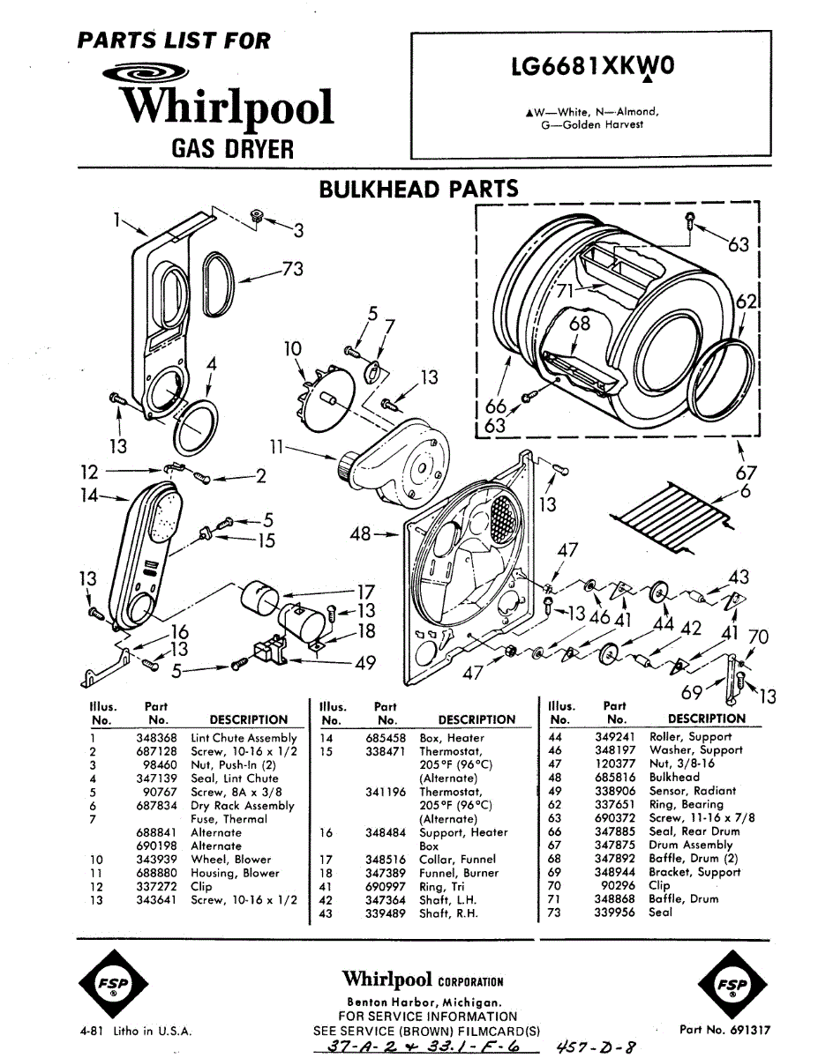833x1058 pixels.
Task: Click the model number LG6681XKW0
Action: point(592,67)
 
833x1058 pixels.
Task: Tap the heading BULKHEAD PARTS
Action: point(419,189)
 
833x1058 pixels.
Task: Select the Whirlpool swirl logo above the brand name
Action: point(145,74)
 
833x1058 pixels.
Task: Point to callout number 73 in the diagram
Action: point(293,269)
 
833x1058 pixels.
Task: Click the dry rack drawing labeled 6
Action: point(672,517)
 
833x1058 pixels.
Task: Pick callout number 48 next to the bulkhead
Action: point(360,533)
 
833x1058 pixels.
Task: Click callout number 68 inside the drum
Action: point(579,324)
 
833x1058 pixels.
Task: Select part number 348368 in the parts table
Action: point(156,738)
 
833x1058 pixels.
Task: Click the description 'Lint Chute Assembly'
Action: point(244,738)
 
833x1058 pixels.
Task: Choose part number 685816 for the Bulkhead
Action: point(615,778)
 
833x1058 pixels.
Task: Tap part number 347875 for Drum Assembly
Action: point(615,846)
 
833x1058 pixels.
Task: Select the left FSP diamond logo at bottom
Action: point(114,984)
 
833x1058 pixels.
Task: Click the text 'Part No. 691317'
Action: point(724,1029)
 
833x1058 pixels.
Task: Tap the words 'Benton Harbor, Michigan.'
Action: point(424,1002)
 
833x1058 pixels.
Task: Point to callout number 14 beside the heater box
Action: point(89,495)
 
